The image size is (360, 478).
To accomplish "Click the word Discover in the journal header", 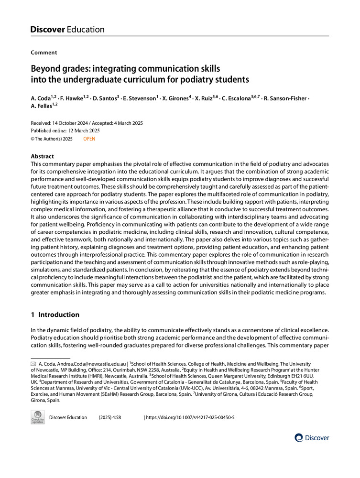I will pos(47,30).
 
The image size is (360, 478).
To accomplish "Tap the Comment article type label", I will pos(44,53).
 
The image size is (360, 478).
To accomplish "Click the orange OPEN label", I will pos(89,139).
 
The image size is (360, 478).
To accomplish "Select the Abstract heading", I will pos(42,156).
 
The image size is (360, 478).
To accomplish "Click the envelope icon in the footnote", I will pos(33,364).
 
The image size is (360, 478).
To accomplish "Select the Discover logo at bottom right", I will pos(312,437).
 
